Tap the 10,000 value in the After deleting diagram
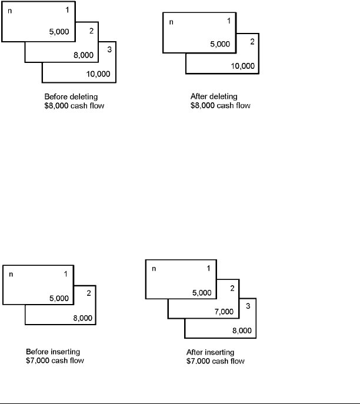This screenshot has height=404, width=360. [x=243, y=65]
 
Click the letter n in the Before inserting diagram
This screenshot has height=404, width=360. [x=10, y=274]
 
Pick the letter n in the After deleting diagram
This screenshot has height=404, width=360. [x=172, y=22]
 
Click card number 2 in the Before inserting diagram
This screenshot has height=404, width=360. [x=88, y=293]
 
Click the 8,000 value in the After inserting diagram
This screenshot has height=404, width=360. [x=242, y=331]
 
